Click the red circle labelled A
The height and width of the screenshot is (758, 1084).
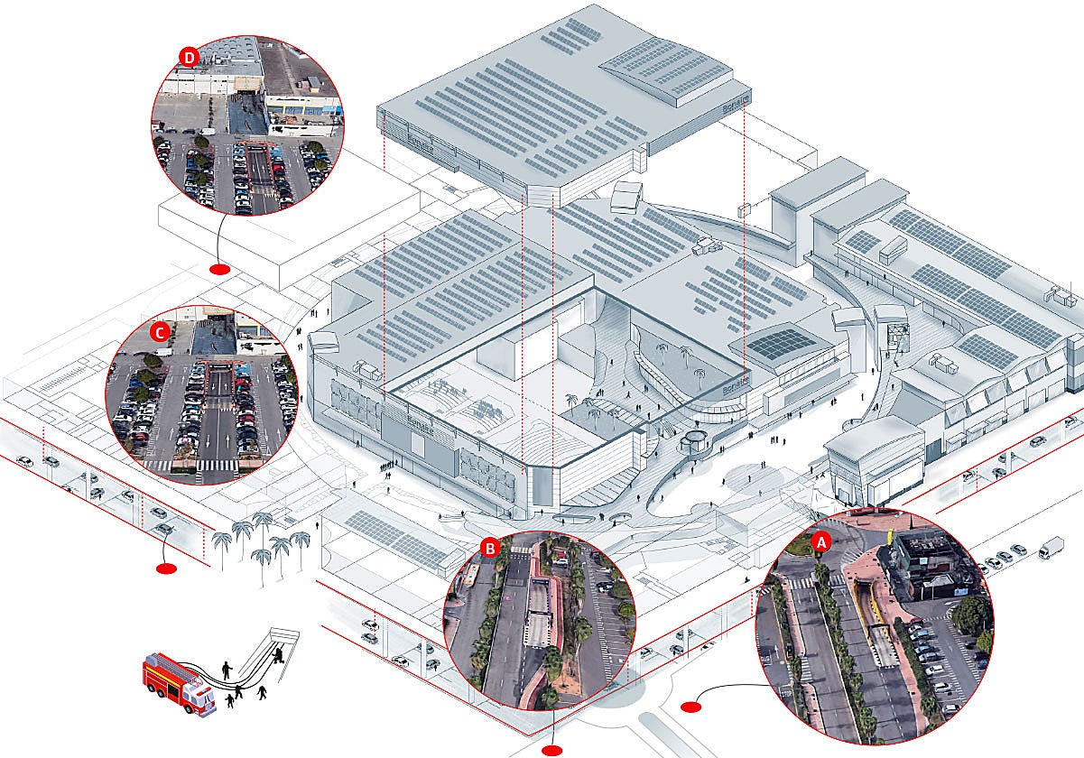pos(821,542)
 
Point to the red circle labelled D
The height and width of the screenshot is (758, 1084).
pos(189,57)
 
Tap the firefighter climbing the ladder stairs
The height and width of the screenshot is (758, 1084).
pos(281,652)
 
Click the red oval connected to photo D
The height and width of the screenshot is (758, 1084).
pos(219,270)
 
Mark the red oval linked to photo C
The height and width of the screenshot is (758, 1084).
pos(166,568)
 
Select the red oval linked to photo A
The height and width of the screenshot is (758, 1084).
pos(691,706)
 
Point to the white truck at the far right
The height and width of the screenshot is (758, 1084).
pos(1051,547)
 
